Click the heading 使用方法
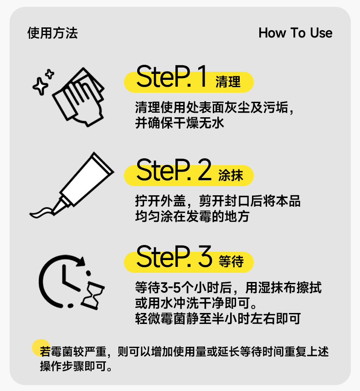(x=52, y=33)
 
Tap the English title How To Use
(x=295, y=33)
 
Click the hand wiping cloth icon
(x=79, y=97)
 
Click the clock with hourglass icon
(x=72, y=282)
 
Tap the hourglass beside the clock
(x=93, y=296)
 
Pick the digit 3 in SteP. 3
(x=205, y=256)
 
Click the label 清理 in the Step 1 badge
(x=228, y=82)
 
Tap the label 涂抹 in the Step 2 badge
(x=231, y=175)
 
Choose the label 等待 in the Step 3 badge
(x=231, y=261)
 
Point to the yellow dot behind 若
(x=41, y=348)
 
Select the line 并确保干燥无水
(x=180, y=123)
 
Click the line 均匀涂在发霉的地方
(x=192, y=216)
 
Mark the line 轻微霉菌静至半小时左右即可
(x=218, y=318)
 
